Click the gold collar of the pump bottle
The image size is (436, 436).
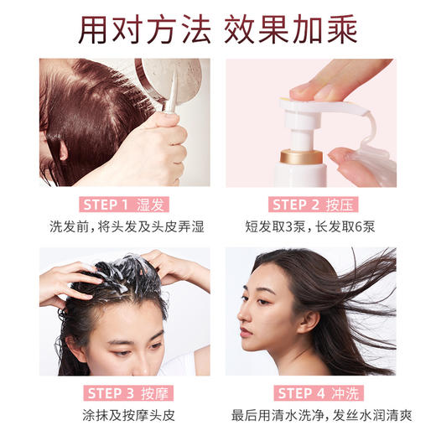pyautogui.click(x=302, y=154)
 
